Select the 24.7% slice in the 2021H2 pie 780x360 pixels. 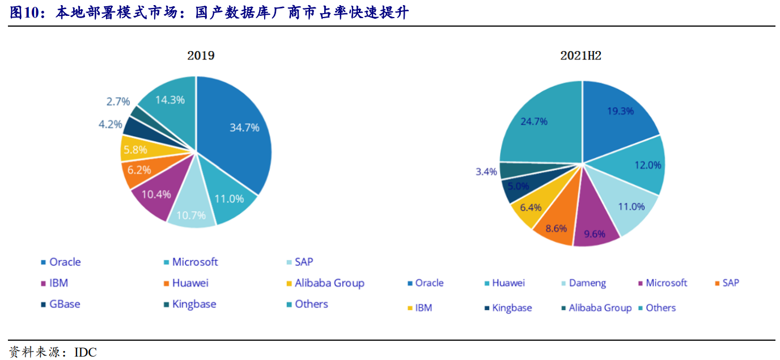click(540, 125)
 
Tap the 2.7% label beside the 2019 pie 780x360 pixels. click(118, 101)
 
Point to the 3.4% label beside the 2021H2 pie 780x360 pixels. click(486, 172)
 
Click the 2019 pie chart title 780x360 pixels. click(201, 56)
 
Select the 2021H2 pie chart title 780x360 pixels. click(580, 56)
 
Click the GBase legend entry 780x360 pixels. click(61, 304)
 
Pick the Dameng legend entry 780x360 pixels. click(584, 283)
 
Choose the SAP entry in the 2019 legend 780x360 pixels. click(300, 262)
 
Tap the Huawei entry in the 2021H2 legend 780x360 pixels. click(505, 283)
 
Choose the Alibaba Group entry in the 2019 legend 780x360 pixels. click(325, 283)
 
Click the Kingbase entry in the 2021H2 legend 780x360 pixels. click(508, 308)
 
